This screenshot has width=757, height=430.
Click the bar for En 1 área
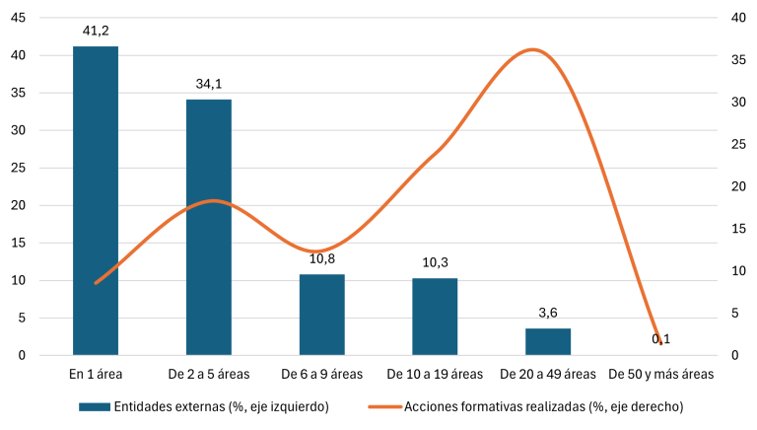tap(96, 200)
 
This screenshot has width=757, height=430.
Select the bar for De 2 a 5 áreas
tap(209, 227)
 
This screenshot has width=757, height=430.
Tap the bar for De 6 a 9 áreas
tap(322, 315)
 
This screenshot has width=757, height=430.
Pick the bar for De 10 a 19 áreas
tap(435, 317)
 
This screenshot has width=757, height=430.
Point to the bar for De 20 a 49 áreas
tap(548, 341)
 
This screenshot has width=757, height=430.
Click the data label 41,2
tap(96, 31)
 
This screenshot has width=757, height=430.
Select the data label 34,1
tap(209, 84)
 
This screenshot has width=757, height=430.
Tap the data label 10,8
tap(322, 259)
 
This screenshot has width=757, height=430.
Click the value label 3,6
tap(548, 314)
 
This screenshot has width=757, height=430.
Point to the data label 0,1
tap(661, 339)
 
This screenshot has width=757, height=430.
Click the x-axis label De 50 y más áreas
tap(661, 375)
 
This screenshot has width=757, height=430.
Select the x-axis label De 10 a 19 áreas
tap(435, 375)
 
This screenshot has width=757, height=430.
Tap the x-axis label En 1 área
tap(96, 375)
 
